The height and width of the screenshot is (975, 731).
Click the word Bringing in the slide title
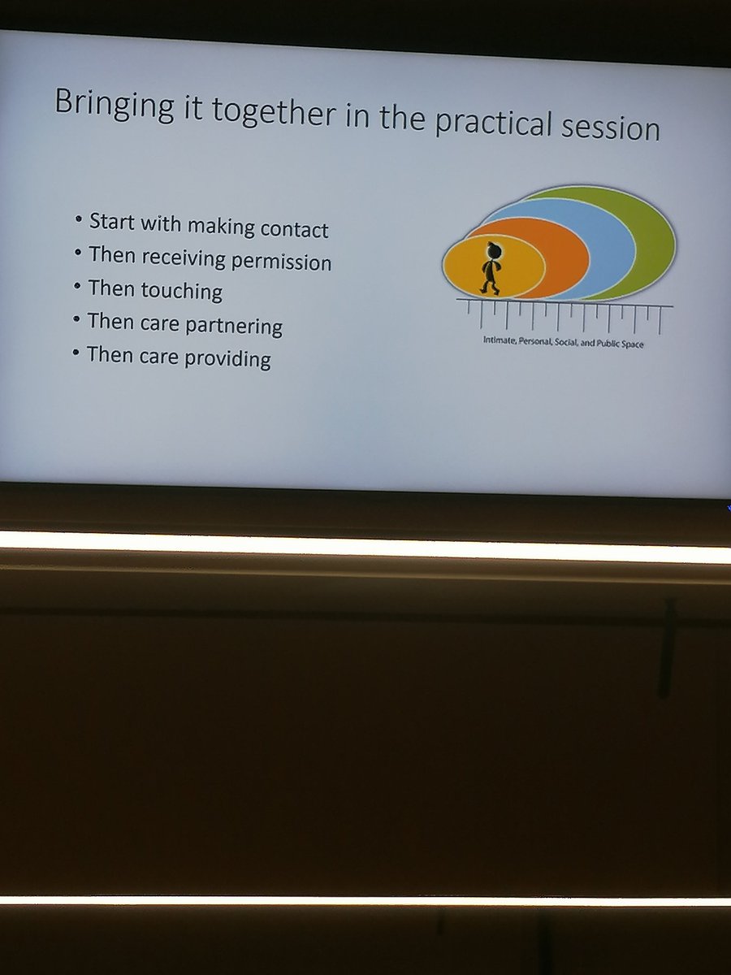pos(106,106)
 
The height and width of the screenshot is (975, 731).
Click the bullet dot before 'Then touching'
pos(77,286)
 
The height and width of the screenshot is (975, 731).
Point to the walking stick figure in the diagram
pos(490,268)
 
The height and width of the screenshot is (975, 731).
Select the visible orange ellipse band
pos(564,256)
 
